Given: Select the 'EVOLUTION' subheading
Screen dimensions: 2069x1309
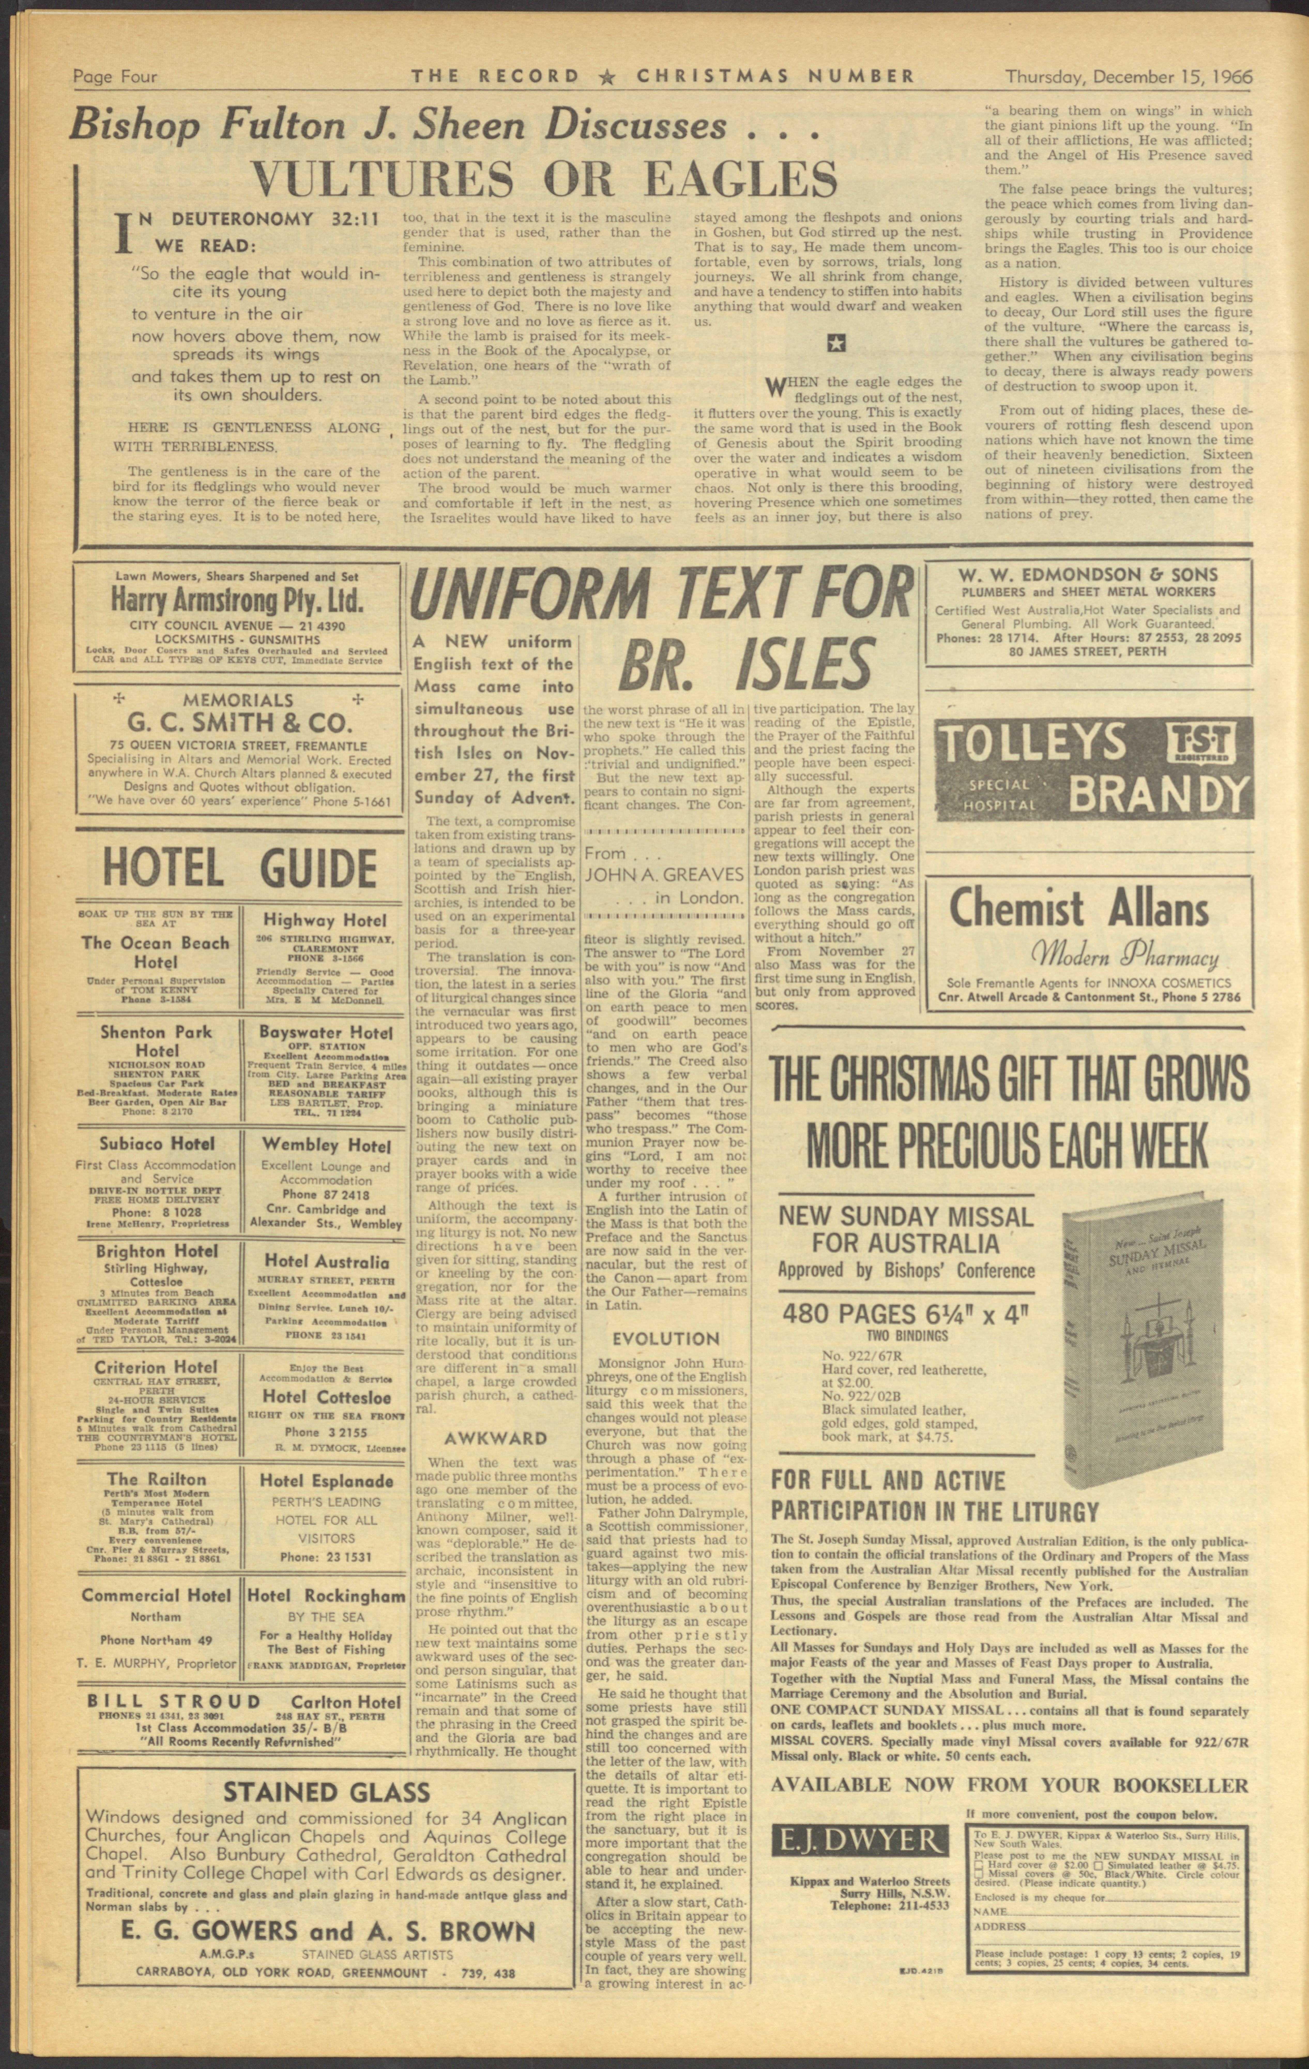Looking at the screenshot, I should pos(666,1338).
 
